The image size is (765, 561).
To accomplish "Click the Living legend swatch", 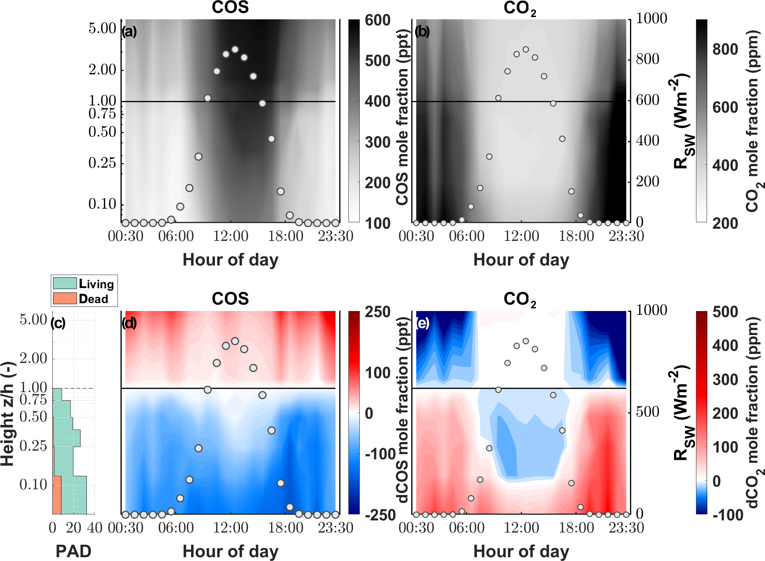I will [x=65, y=283].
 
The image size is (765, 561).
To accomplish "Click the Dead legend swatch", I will [x=65, y=298].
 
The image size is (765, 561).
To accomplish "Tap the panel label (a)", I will [x=129, y=31].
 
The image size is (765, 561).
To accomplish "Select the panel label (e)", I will [x=422, y=323].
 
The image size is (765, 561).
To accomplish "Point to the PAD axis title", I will [x=73, y=551].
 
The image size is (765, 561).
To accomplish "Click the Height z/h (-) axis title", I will [x=8, y=413].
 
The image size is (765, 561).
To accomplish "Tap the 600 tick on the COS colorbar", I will [x=377, y=20].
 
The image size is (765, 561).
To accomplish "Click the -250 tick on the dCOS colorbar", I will [x=380, y=515].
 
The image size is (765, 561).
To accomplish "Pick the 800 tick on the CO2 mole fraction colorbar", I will [x=725, y=49].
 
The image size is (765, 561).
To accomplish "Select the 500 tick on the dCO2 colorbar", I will [x=725, y=312].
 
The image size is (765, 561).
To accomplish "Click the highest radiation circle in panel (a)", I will [x=235, y=49].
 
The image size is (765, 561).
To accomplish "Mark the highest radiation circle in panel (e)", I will [x=526, y=341].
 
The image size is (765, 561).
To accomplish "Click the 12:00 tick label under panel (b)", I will [x=521, y=236].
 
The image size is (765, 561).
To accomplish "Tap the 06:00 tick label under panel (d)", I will [x=176, y=528].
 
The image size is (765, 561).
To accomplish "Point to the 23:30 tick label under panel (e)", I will [x=626, y=528].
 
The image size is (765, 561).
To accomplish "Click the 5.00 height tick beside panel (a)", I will [x=102, y=28].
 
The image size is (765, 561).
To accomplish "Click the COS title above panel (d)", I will [x=230, y=299].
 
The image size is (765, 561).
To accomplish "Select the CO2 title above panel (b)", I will [x=520, y=8].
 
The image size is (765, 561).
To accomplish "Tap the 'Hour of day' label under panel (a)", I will [x=230, y=260].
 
